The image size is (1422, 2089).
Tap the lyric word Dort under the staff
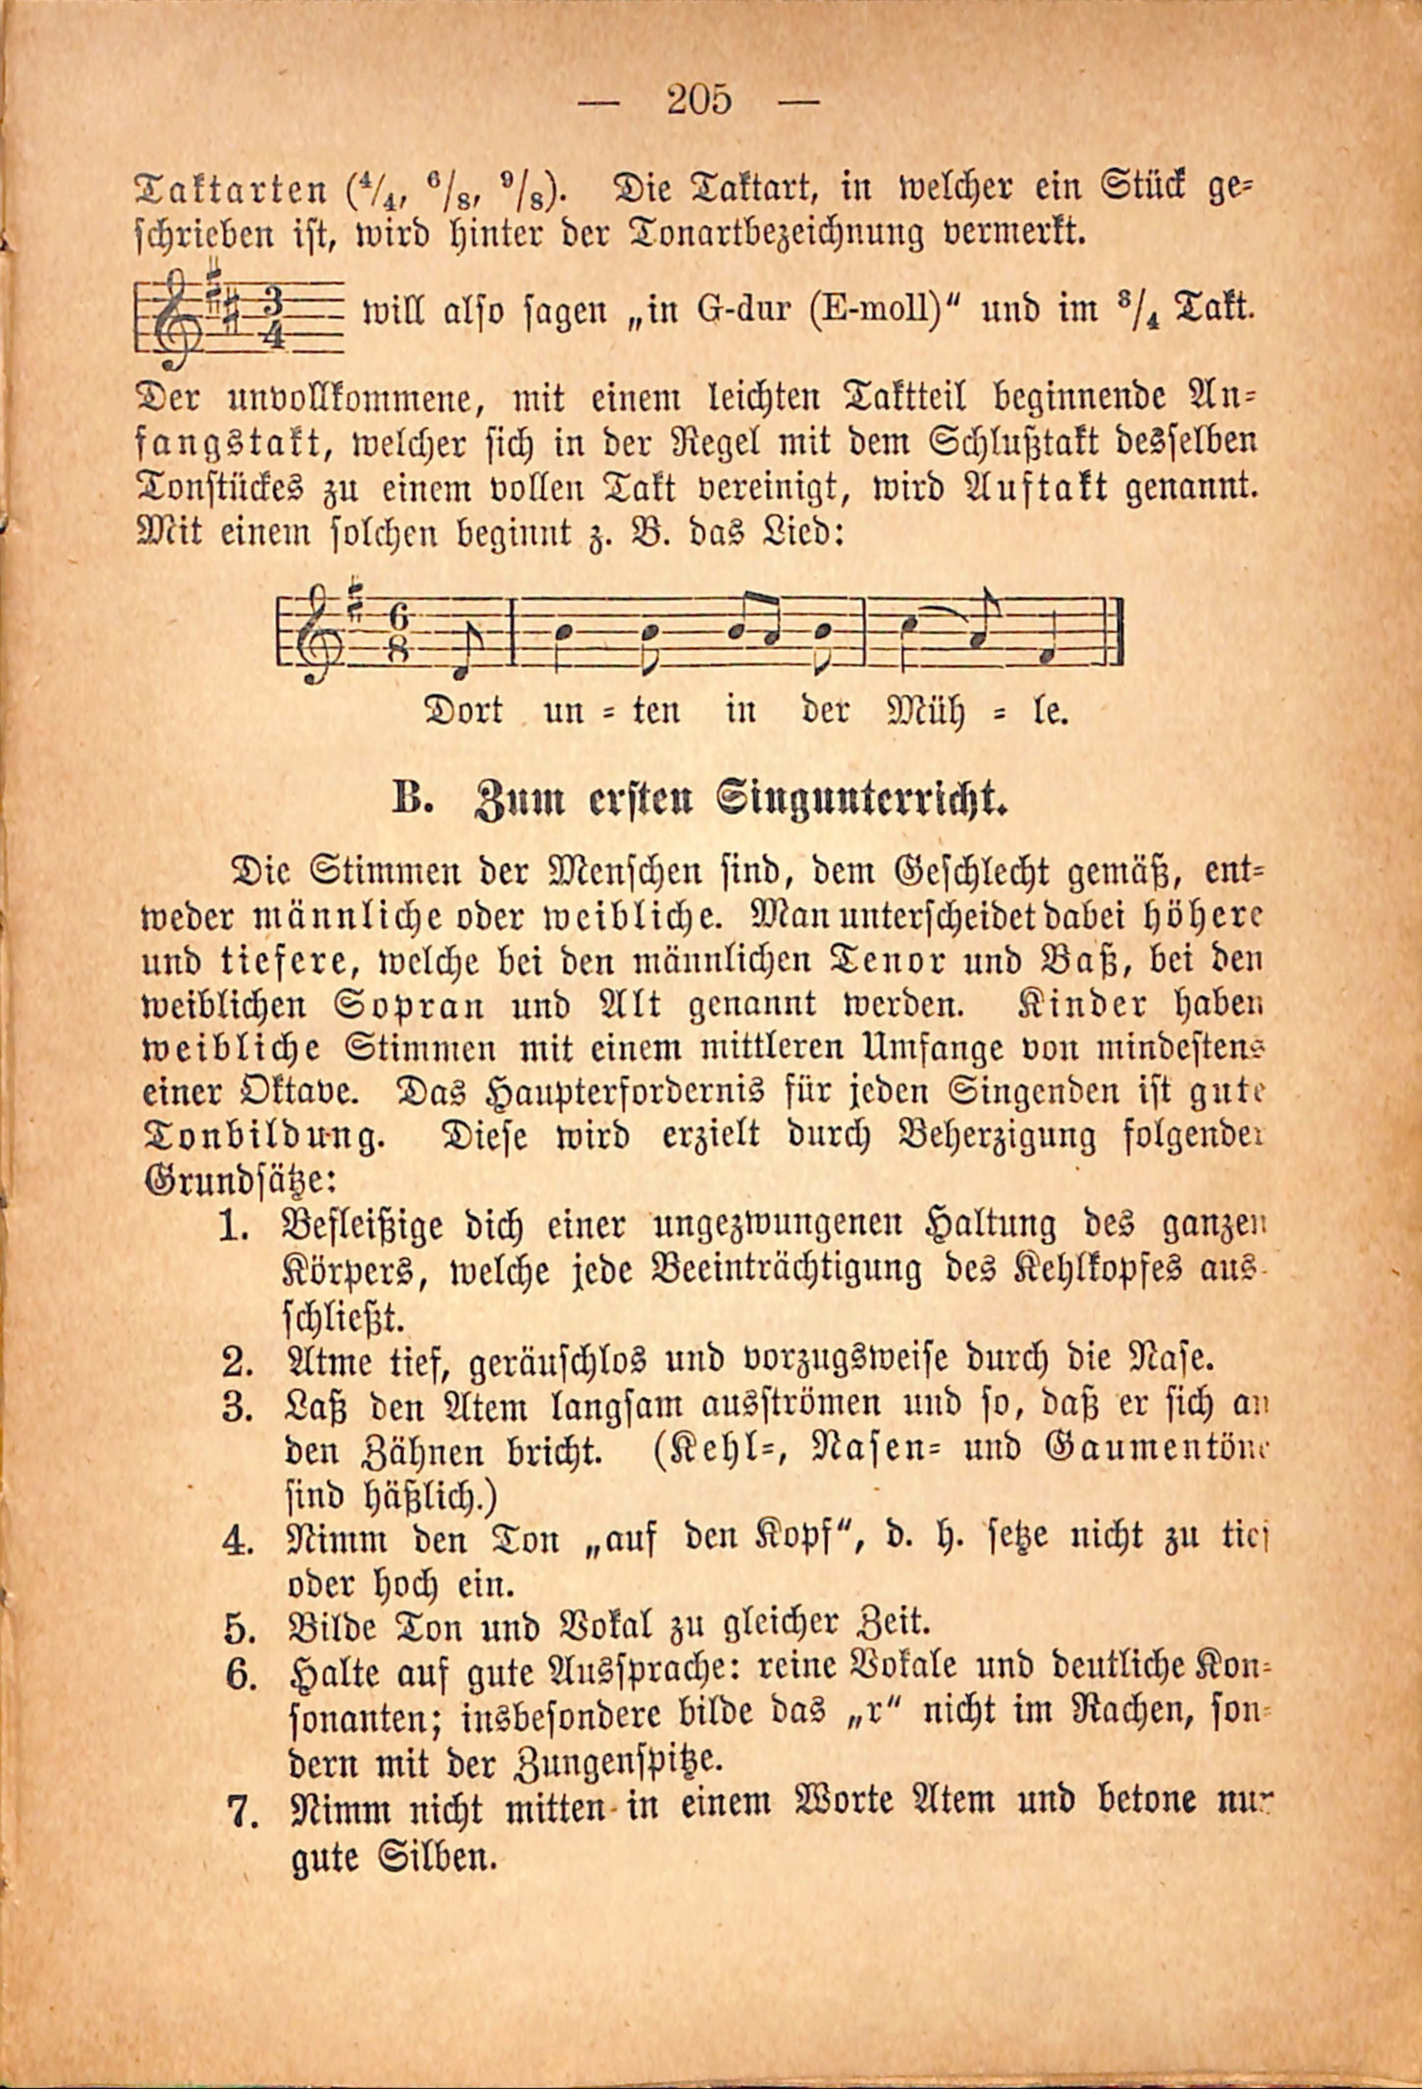click(x=463, y=711)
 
